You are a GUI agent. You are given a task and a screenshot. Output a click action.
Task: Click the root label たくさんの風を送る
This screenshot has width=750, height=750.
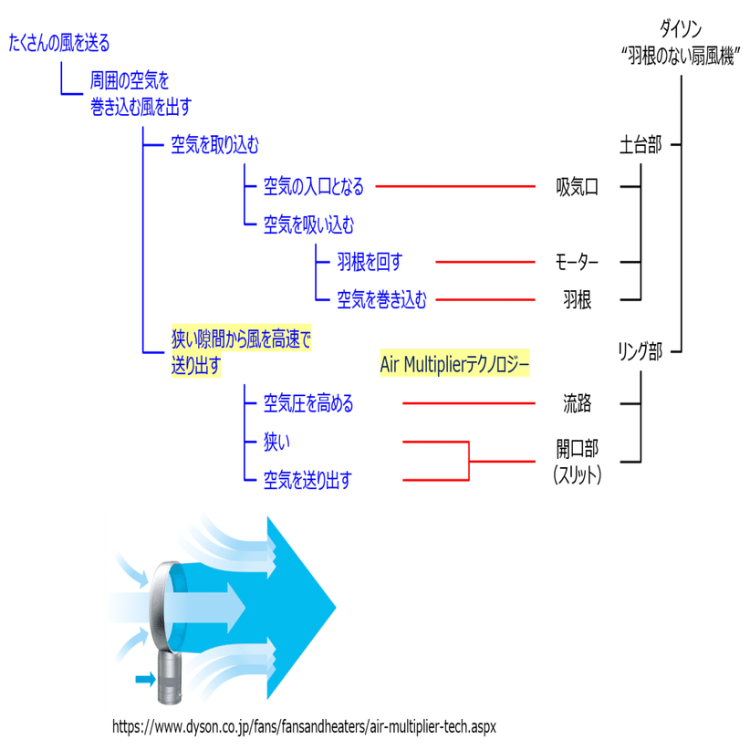click(59, 43)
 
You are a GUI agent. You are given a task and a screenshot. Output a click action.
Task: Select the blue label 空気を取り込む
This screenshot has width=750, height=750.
click(215, 145)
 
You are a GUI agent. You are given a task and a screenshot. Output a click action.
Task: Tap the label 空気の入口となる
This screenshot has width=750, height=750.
click(313, 187)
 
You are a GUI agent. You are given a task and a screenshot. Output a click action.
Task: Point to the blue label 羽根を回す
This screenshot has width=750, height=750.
click(369, 263)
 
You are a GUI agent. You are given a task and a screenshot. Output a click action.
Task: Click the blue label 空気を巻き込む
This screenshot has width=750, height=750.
click(381, 299)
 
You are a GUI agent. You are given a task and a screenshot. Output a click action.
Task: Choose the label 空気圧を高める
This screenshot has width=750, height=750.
click(307, 402)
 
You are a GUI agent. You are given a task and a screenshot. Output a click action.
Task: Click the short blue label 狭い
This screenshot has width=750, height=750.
click(276, 443)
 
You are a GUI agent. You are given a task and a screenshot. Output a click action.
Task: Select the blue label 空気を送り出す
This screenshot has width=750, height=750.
click(307, 478)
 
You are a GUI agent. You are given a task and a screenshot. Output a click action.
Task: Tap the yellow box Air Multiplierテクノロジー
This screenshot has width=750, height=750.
click(454, 364)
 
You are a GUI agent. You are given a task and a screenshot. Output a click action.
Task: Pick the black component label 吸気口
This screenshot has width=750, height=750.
click(578, 188)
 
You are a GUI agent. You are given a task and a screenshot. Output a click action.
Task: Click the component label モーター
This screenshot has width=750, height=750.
click(578, 263)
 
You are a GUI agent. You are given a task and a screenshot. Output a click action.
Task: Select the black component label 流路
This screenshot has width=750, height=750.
click(578, 402)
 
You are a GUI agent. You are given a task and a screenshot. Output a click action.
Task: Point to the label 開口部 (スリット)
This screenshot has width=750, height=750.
click(578, 461)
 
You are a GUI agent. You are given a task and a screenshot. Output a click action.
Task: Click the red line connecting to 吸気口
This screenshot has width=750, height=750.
click(456, 186)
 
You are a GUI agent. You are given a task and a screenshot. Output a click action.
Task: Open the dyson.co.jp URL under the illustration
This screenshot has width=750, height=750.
click(304, 726)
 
